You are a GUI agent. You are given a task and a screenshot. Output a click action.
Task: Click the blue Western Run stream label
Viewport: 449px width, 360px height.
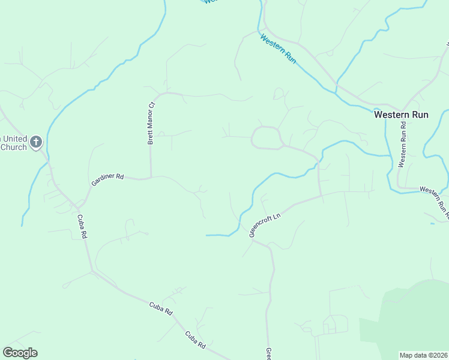[x=279, y=49]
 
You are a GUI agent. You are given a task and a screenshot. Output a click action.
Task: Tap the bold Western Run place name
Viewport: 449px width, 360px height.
[x=401, y=114]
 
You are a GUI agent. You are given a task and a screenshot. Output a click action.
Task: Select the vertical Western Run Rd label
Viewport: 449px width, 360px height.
[x=403, y=144]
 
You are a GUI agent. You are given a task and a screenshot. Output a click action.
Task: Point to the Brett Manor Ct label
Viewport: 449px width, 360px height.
[x=151, y=123]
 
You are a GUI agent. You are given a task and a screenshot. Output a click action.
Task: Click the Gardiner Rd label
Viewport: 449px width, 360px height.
[x=107, y=178]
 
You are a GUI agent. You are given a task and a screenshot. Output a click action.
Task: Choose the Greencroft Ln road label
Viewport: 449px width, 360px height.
[x=265, y=223]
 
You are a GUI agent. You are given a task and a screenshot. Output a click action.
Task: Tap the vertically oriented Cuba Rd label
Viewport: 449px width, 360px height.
[x=82, y=226]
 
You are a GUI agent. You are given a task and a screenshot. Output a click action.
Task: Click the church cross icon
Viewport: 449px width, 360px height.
[x=36, y=142]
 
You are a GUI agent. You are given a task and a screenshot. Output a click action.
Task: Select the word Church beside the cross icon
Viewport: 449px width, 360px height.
[x=13, y=147]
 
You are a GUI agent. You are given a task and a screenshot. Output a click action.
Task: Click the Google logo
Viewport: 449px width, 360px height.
[x=20, y=353]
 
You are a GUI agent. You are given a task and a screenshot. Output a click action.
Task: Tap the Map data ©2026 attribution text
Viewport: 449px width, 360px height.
[x=423, y=355]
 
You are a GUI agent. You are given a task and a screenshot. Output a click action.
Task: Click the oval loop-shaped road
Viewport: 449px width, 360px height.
[x=266, y=137]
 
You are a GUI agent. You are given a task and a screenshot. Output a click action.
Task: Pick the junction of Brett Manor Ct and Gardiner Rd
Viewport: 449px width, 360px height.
[x=150, y=178]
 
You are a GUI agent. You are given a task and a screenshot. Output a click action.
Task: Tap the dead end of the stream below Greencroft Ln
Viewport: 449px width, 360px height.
[x=206, y=235]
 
